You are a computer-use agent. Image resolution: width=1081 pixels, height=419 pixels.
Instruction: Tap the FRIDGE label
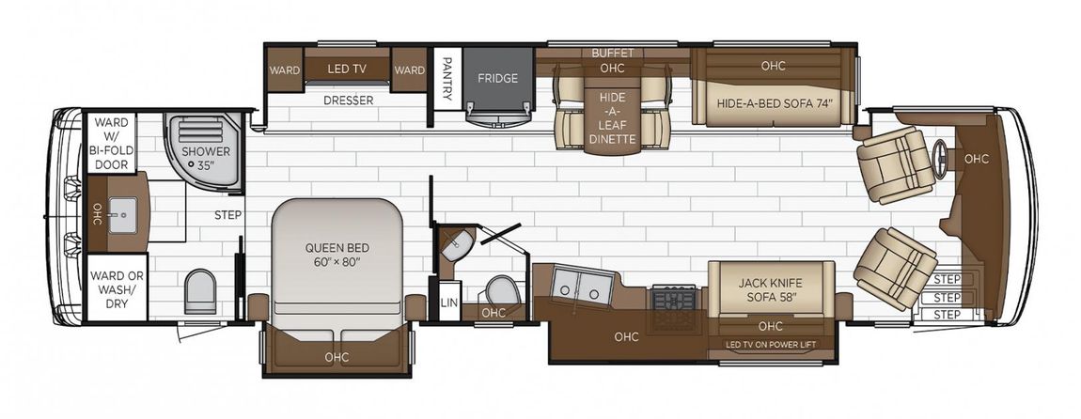coord(498,78)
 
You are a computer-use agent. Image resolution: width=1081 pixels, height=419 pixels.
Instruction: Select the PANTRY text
coord(446,77)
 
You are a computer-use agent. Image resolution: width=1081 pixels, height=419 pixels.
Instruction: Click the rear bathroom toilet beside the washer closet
coord(200,291)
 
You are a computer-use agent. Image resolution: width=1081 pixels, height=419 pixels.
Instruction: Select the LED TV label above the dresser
coord(347,69)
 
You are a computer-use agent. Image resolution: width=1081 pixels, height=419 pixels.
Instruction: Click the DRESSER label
coord(348,101)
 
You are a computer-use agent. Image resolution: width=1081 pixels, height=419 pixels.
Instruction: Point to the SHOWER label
coord(206,151)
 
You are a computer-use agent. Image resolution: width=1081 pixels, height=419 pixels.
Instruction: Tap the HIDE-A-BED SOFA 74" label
coord(775,104)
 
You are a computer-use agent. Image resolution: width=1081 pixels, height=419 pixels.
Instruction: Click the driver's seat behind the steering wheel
coord(894,164)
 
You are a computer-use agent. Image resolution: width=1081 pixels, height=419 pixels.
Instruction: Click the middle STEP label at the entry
coord(948,298)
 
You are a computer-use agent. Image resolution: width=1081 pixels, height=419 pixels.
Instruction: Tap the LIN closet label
coord(446,303)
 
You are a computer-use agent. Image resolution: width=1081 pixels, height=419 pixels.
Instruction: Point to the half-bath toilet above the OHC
coord(500,290)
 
